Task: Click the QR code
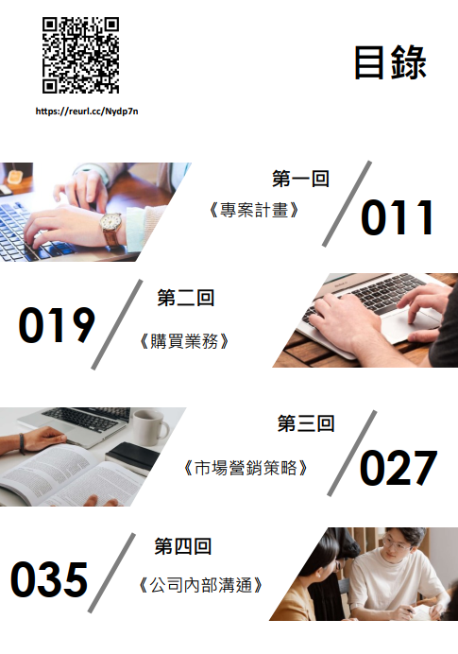80,55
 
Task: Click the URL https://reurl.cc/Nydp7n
87,112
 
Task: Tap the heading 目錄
390,62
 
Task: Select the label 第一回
300,179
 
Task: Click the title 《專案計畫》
254,210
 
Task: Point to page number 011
398,217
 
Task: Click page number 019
57,325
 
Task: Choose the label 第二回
185,298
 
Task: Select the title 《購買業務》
184,341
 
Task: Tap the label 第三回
306,423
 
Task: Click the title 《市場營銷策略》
246,468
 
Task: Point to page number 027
399,468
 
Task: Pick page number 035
49,579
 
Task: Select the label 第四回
183,546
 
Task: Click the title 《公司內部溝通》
200,585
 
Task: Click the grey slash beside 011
347,203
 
